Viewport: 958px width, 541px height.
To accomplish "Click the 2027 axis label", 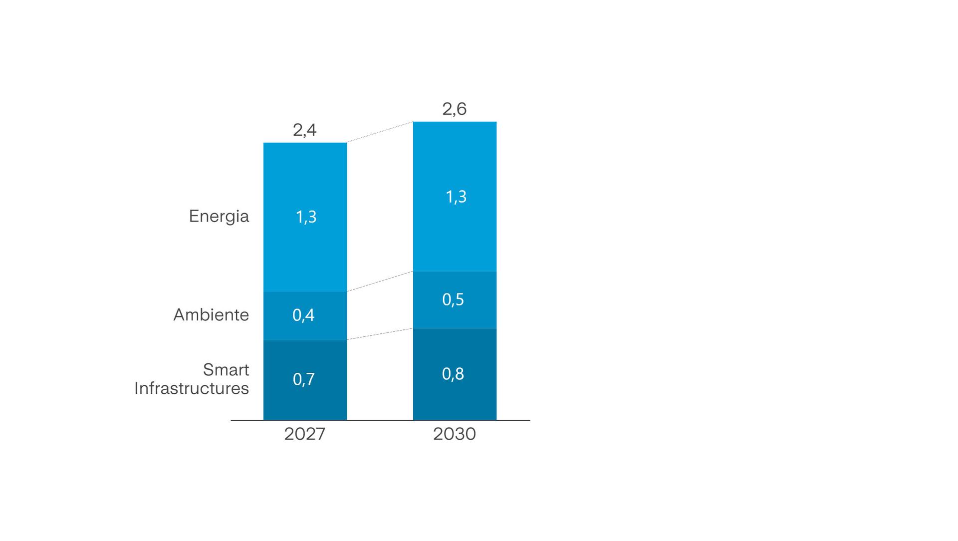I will click(304, 434).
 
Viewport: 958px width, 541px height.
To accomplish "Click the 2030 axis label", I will click(454, 434).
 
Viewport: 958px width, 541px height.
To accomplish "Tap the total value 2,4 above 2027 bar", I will click(304, 130).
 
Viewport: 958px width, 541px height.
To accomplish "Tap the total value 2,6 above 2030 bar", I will click(454, 109).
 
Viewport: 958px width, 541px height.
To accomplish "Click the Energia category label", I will click(219, 216).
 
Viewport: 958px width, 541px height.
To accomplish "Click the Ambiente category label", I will click(211, 315).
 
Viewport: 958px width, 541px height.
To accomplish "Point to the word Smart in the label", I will click(226, 370).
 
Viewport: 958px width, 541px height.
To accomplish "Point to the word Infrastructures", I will click(191, 388).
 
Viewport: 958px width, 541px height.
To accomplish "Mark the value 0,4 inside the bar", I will click(303, 315).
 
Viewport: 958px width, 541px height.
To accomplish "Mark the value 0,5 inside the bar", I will click(453, 299).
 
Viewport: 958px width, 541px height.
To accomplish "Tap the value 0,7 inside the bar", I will click(303, 379).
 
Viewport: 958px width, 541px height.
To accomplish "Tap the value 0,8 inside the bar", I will click(453, 374).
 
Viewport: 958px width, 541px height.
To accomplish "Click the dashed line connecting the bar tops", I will click(380, 132).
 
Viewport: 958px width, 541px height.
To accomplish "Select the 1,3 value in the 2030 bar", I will click(456, 197).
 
